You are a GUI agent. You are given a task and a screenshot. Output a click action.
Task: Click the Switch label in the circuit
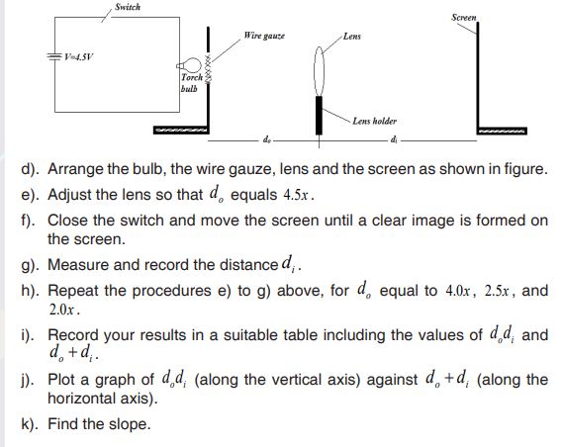[128, 7]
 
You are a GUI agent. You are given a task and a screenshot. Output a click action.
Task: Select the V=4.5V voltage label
[79, 56]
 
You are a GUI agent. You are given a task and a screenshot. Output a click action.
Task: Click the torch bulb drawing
[189, 65]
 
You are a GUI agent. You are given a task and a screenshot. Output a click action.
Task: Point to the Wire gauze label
[264, 36]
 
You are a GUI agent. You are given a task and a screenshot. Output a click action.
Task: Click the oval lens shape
[319, 71]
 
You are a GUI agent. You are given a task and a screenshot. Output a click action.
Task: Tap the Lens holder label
[374, 121]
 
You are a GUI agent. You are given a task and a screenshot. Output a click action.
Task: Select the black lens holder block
[319, 115]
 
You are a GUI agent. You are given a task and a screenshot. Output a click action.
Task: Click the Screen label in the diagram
[464, 17]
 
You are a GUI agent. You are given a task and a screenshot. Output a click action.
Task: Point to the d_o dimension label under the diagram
[267, 139]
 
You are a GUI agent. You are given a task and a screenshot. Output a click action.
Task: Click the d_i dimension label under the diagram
[394, 139]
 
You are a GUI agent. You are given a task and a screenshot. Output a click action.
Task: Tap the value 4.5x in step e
[296, 195]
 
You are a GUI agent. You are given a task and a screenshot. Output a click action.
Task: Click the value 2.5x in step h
[497, 291]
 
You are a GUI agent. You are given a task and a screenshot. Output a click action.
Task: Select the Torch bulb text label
[191, 83]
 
